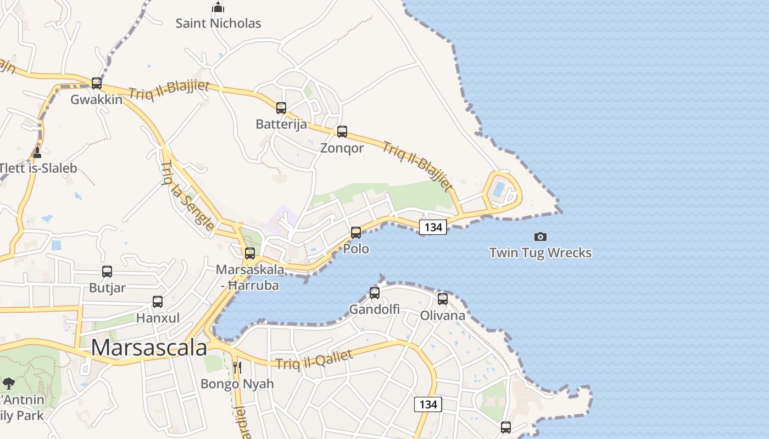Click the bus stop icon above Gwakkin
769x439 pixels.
[97, 83]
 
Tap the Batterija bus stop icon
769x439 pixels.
[281, 108]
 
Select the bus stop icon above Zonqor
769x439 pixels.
[342, 132]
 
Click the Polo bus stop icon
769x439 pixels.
[356, 233]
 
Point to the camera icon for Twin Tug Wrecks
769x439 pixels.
[540, 237]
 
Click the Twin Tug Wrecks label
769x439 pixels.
[540, 253]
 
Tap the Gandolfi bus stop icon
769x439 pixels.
[375, 293]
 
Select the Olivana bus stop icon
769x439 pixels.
[443, 299]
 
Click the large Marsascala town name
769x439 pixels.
[149, 348]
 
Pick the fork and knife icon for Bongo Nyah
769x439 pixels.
[237, 367]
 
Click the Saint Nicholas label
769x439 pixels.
[218, 24]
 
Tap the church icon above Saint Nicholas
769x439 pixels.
[218, 8]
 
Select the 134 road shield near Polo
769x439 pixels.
[433, 227]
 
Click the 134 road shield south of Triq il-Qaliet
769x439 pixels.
[428, 404]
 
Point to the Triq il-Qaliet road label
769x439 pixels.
[314, 360]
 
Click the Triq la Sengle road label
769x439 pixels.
[187, 196]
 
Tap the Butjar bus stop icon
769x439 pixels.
[107, 272]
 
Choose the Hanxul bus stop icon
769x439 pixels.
[158, 302]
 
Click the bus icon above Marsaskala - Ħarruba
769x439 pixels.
[250, 254]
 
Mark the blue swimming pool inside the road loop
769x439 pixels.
[499, 190]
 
